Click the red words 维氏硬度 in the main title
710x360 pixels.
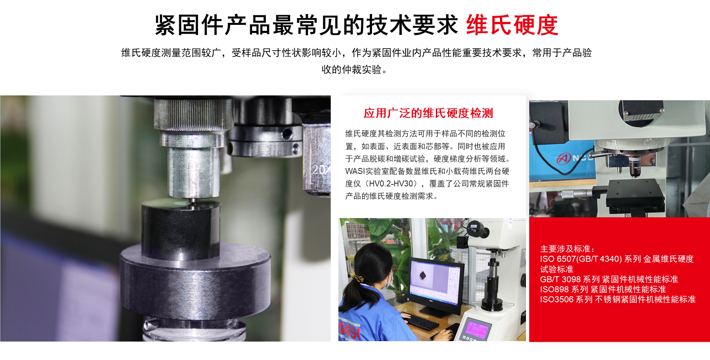pyautogui.click(x=512, y=25)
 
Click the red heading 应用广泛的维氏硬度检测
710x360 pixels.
pyautogui.click(x=428, y=113)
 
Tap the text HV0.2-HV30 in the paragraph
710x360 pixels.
pyautogui.click(x=390, y=184)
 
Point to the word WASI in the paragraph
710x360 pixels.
pyautogui.click(x=355, y=171)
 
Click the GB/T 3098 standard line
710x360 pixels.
pyautogui.click(x=609, y=279)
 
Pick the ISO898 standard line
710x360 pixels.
pyautogui.click(x=603, y=289)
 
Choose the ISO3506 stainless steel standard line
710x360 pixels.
pyautogui.click(x=618, y=299)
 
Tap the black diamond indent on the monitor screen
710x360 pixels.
pyautogui.click(x=423, y=275)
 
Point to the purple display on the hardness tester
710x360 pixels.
pyautogui.click(x=476, y=330)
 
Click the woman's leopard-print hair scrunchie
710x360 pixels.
pyautogui.click(x=358, y=278)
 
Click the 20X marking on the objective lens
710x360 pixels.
pyautogui.click(x=321, y=170)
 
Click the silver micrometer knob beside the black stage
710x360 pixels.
pyautogui.click(x=574, y=194)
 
